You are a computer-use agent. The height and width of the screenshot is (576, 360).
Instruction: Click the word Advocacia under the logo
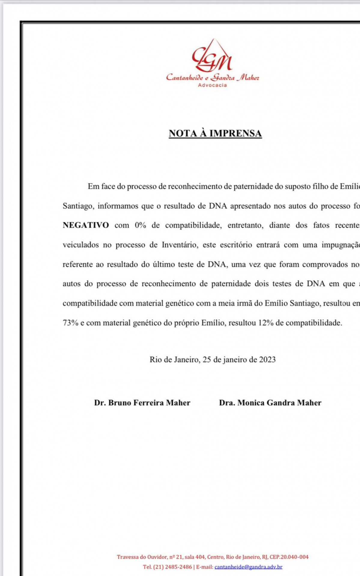click(x=212, y=85)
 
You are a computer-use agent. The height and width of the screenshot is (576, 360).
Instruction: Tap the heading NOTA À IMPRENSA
click(x=215, y=133)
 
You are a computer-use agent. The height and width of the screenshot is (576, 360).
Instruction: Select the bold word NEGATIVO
click(x=86, y=225)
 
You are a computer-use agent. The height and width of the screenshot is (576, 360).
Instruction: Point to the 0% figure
click(x=140, y=225)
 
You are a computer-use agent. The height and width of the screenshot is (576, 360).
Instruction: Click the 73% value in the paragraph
click(x=71, y=323)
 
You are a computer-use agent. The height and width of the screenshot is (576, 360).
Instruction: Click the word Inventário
click(x=180, y=245)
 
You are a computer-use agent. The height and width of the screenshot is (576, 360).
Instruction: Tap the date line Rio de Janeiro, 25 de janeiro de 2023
click(x=213, y=359)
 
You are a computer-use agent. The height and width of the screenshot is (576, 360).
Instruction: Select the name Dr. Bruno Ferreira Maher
click(x=142, y=403)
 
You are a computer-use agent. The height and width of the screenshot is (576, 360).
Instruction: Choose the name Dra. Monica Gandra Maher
click(x=270, y=403)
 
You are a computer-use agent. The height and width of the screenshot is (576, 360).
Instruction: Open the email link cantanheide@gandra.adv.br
click(x=248, y=567)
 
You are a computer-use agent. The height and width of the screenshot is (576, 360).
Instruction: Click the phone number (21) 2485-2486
click(x=172, y=567)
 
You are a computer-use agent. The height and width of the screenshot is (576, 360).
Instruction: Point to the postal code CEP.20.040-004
click(x=289, y=557)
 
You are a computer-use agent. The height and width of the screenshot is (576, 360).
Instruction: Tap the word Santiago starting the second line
click(x=79, y=206)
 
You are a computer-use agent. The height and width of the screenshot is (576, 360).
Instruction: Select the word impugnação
click(x=340, y=245)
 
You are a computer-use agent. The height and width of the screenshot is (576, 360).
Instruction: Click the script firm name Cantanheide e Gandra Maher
click(x=212, y=77)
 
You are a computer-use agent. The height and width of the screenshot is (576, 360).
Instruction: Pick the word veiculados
click(x=80, y=245)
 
